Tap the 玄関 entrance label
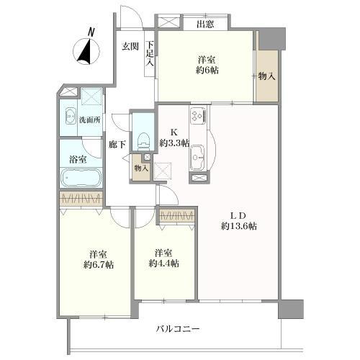point(130,46)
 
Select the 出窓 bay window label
point(204,24)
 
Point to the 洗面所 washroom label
point(89,120)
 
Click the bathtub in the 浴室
point(81,177)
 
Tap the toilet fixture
point(143,136)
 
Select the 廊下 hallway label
point(117,144)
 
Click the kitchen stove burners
point(198,116)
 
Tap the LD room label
point(238,215)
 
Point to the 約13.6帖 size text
point(238,227)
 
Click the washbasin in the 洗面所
point(71,117)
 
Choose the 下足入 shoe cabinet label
point(150,55)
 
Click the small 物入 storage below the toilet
point(141,168)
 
